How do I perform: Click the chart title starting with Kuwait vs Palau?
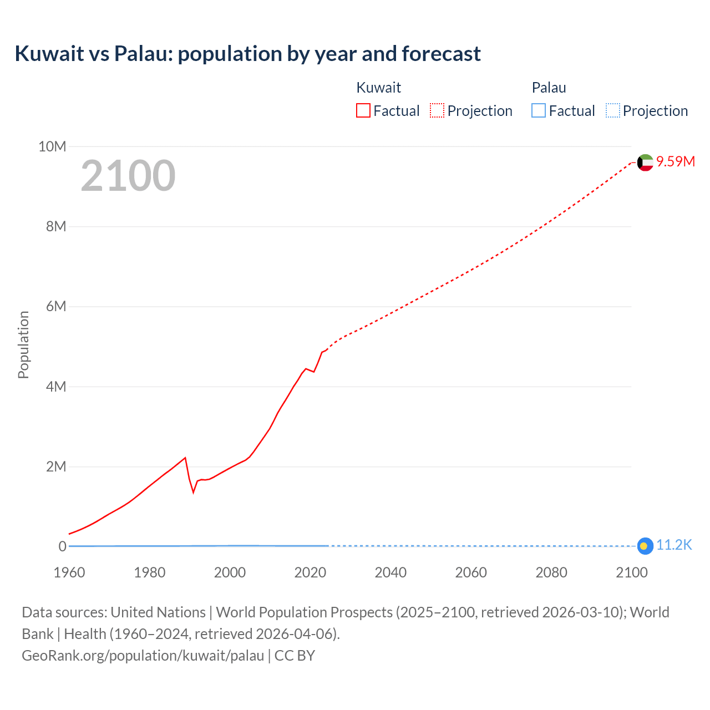coord(247,54)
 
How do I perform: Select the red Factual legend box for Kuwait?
coord(363,110)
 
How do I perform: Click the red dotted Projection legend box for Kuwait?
coord(437,110)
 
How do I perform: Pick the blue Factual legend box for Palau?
coord(539,110)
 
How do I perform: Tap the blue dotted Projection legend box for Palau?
coord(613,110)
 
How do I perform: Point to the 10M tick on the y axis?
coord(52,146)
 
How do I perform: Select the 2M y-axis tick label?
coord(55,466)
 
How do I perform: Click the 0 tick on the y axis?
coord(62,546)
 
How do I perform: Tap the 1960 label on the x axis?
coord(69,572)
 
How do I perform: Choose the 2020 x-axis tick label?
coord(310,572)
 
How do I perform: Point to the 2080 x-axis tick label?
coord(551,572)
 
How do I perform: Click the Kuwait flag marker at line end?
coord(645,163)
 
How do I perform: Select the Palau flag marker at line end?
coord(645,546)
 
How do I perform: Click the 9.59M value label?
coord(676,161)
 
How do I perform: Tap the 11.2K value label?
coord(674,545)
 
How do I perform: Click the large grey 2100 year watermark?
coord(128,176)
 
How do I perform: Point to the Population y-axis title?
coord(23,344)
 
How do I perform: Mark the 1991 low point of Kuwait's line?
coord(194,492)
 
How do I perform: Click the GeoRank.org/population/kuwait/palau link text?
coord(143,656)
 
